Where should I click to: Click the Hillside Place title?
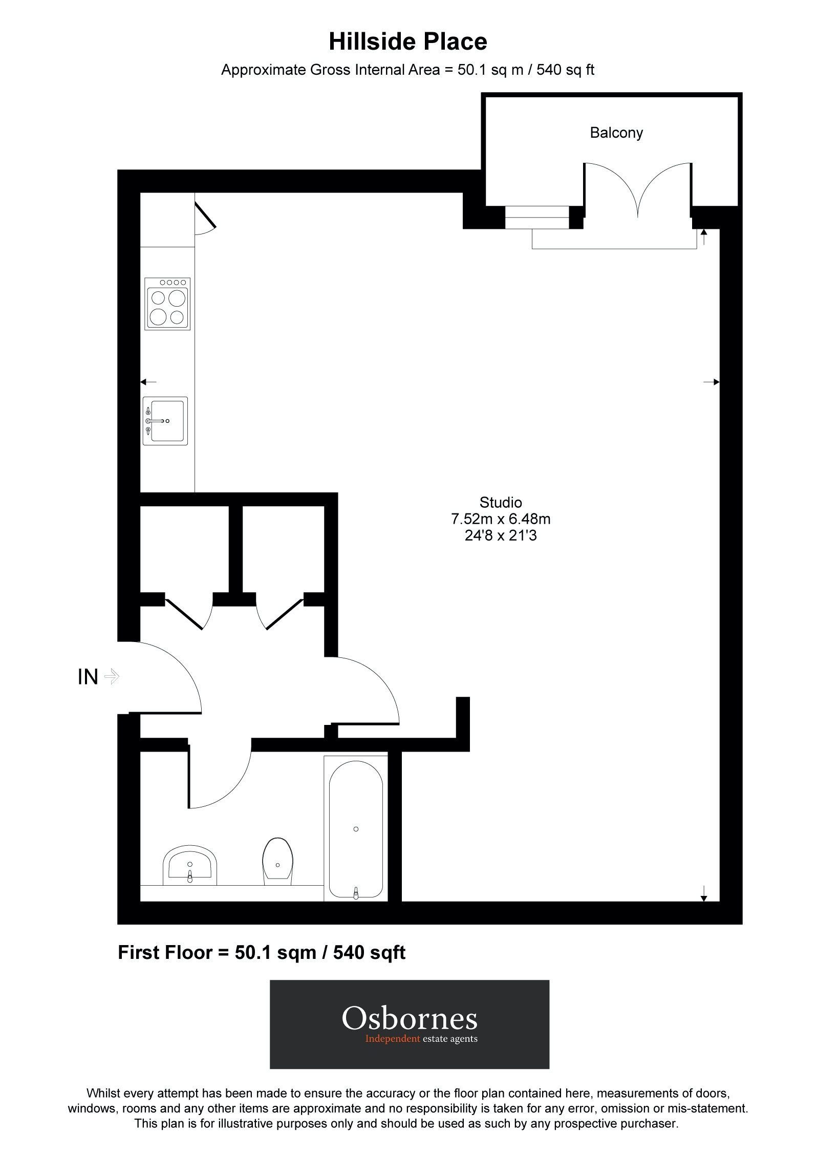click(407, 42)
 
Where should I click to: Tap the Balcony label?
click(616, 133)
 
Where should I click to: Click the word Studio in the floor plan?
click(500, 502)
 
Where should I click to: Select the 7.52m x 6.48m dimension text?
click(500, 519)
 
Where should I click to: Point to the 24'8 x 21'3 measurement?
click(500, 536)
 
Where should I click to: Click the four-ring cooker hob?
click(167, 304)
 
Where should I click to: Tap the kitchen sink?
click(165, 421)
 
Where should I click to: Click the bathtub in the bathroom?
click(356, 829)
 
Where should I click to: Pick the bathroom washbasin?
click(190, 866)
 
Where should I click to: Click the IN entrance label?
click(88, 677)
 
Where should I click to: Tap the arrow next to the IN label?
click(112, 677)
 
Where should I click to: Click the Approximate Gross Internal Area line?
click(407, 70)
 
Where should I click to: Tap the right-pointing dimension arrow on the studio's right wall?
click(712, 382)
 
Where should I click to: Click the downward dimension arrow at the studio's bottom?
click(704, 894)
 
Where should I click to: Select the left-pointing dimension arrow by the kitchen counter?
click(148, 382)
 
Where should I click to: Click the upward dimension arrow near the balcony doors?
click(704, 237)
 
